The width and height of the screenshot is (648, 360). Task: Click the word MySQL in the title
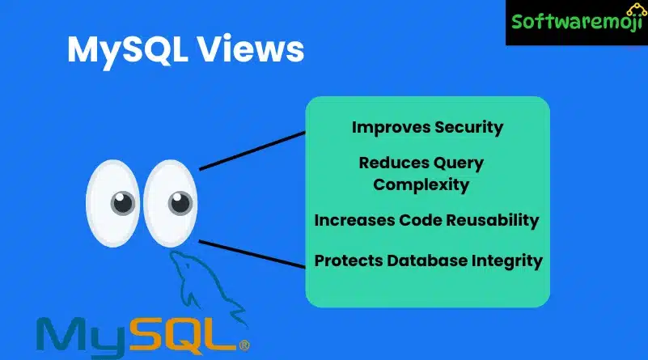[x=128, y=51]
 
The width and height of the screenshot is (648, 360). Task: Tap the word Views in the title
[x=251, y=49]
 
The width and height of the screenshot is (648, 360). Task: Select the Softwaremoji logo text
[x=577, y=22]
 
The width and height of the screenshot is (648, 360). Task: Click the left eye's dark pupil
[x=123, y=203]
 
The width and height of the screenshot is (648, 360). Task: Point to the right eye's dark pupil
[x=180, y=203]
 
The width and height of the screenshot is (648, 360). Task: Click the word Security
[x=469, y=128]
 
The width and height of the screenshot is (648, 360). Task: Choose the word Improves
[x=391, y=128]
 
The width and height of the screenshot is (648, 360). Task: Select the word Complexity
[x=421, y=185]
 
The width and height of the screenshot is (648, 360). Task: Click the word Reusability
[x=492, y=221]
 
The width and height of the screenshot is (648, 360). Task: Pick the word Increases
[x=354, y=220]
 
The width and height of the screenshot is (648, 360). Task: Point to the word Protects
[x=349, y=260]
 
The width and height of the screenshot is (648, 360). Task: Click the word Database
[x=427, y=260]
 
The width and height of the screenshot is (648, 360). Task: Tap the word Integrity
[x=507, y=261]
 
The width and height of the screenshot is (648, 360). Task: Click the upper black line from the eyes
[x=252, y=150]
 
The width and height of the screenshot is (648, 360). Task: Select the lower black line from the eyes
[x=252, y=254]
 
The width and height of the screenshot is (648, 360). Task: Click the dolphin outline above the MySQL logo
[x=206, y=286]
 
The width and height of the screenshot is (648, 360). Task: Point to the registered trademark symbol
[x=244, y=345]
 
